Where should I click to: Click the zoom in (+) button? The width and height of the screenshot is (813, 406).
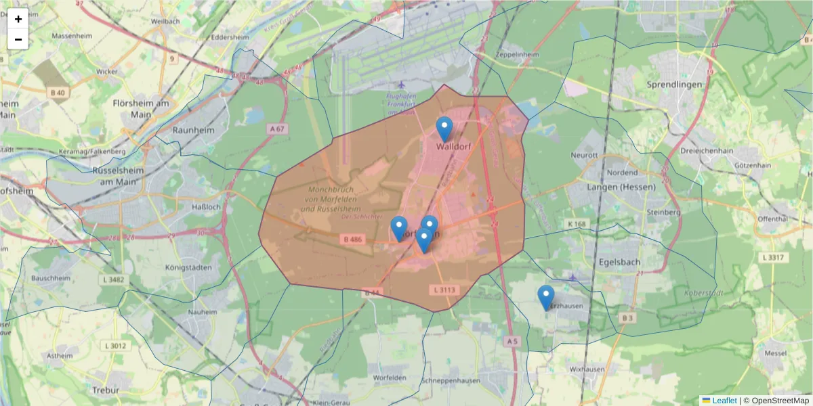pyautogui.click(x=18, y=19)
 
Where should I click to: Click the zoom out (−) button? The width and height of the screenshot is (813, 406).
pyautogui.click(x=18, y=39)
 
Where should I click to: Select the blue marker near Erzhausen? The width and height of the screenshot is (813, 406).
pyautogui.click(x=545, y=297)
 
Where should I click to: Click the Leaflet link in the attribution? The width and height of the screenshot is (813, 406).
pyautogui.click(x=724, y=401)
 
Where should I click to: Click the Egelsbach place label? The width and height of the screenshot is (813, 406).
pyautogui.click(x=620, y=261)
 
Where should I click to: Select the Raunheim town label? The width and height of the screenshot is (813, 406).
pyautogui.click(x=193, y=130)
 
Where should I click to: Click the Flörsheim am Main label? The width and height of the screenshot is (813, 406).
pyautogui.click(x=141, y=109)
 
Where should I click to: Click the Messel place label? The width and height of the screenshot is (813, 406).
pyautogui.click(x=774, y=353)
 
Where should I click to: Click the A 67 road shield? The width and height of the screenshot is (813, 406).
pyautogui.click(x=276, y=129)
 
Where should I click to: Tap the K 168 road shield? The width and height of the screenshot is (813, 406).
pyautogui.click(x=577, y=224)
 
